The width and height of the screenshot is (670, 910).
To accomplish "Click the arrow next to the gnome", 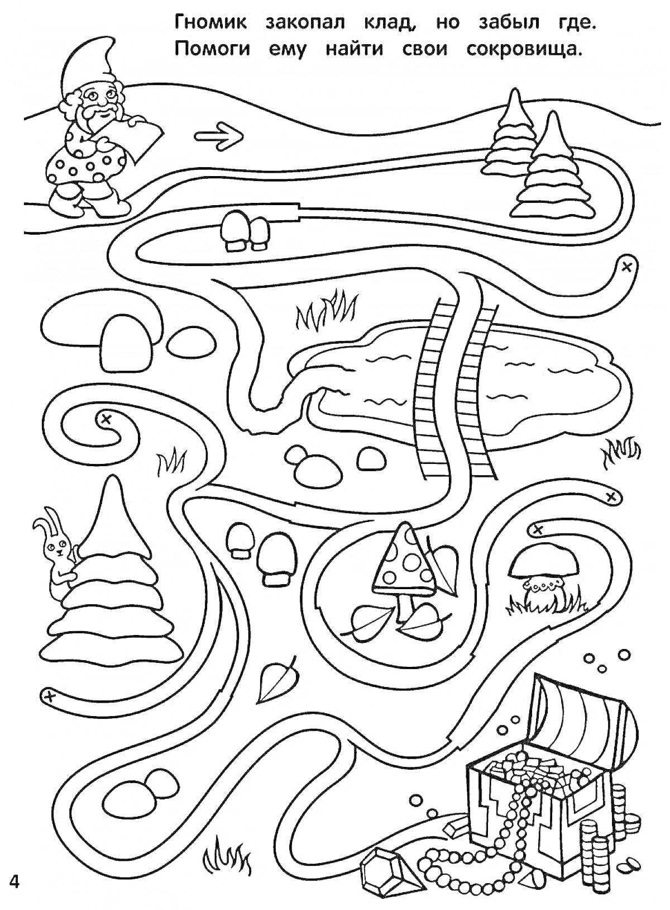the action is [218, 137].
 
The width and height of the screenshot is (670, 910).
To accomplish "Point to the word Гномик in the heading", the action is [210, 23].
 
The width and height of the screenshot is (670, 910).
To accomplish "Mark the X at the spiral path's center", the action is [106, 419].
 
